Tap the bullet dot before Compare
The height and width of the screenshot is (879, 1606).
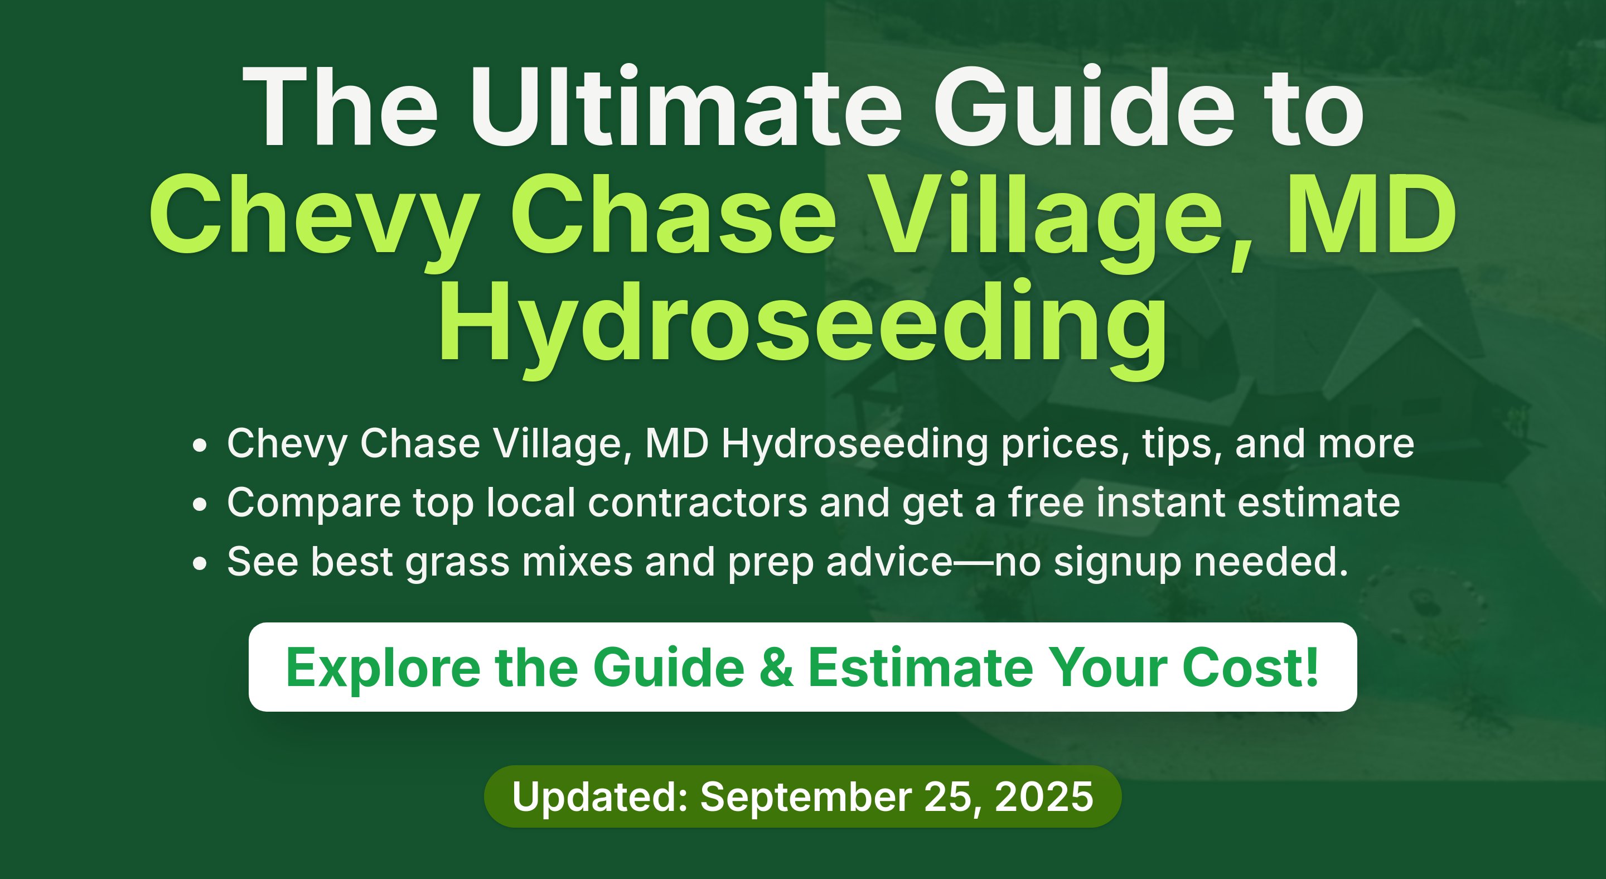199,504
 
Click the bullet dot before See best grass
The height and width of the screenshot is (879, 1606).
199,563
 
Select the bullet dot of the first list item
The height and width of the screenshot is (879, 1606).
199,445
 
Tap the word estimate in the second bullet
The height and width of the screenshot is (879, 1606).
1319,503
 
